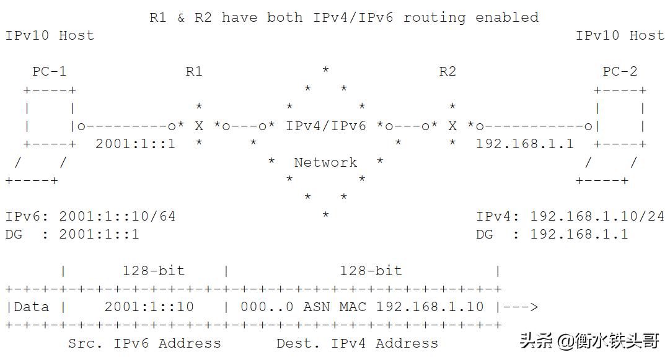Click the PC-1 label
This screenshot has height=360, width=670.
coord(50,72)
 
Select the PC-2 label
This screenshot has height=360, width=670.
coord(620,72)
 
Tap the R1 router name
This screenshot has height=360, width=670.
coord(194,72)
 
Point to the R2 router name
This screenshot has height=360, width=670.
coord(447,72)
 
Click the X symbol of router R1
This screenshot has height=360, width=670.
coord(199,126)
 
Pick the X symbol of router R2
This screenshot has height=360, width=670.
coord(452,126)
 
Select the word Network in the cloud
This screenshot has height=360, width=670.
coord(325,162)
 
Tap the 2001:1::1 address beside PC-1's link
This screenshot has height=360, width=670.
coord(135,144)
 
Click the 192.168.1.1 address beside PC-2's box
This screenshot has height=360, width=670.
coord(525,144)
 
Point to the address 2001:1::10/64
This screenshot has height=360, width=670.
coord(117,217)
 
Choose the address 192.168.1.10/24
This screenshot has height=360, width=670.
coord(597,217)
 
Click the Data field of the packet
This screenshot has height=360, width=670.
coord(31,307)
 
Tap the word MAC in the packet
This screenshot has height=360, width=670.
coord(353,307)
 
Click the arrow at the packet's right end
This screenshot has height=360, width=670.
coord(521,307)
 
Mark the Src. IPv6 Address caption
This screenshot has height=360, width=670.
coord(144,343)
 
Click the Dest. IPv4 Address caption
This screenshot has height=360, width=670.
coord(357,343)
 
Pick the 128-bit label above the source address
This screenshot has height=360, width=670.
coord(153,271)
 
